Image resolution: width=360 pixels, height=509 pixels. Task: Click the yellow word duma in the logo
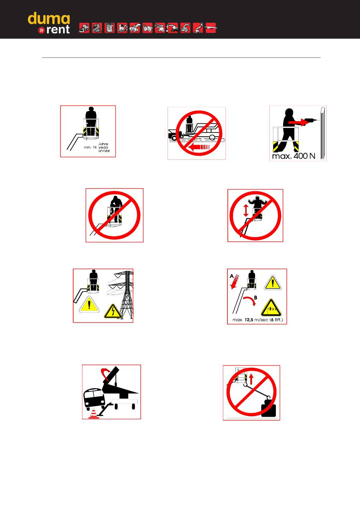(x=49, y=19)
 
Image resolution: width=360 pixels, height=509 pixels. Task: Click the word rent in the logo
(x=58, y=30)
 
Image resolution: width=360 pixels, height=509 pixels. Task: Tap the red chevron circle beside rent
(x=41, y=30)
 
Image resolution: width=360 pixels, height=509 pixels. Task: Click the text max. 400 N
(x=294, y=156)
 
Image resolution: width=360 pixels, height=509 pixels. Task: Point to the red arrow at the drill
(x=298, y=122)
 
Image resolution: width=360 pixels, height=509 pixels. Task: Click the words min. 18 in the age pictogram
(x=90, y=147)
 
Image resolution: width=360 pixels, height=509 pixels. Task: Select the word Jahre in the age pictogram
(x=103, y=144)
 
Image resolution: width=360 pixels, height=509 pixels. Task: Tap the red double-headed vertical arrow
(x=246, y=211)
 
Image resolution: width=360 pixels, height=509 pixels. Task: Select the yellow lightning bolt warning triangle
(x=113, y=311)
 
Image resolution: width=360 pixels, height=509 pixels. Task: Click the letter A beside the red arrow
(x=232, y=276)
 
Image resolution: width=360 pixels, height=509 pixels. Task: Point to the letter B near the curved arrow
(x=256, y=298)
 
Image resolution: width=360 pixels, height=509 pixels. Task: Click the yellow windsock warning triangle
(x=271, y=308)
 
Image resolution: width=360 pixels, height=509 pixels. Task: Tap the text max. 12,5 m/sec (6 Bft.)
(x=258, y=320)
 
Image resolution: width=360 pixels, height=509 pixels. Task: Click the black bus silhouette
(x=94, y=399)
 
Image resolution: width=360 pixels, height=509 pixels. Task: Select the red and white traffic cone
(x=93, y=413)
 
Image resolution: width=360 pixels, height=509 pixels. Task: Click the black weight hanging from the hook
(x=269, y=410)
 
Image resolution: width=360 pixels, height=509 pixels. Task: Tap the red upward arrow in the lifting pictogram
(x=251, y=379)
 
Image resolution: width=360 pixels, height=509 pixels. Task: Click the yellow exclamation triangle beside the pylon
(x=89, y=304)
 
